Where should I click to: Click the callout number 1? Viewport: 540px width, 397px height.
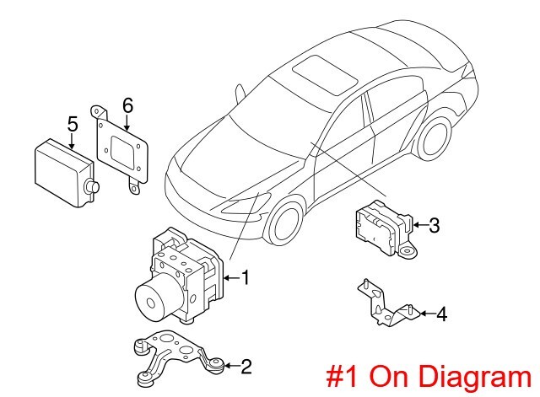click(245, 277)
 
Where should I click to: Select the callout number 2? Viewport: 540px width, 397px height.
click(246, 366)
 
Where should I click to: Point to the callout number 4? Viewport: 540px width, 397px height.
click(440, 315)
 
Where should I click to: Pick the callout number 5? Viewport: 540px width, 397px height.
click(73, 124)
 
